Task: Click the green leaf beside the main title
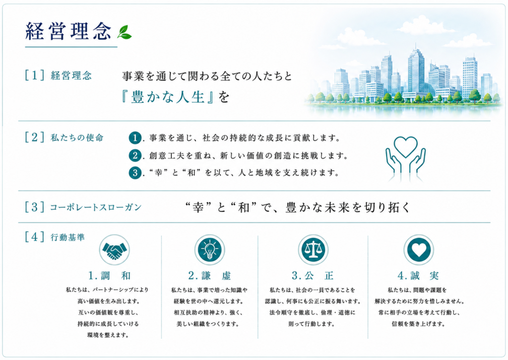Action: [x=125, y=32]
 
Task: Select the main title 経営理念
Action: [x=68, y=31]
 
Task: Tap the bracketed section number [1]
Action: [x=34, y=75]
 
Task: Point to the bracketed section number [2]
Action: [x=34, y=137]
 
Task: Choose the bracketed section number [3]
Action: [x=34, y=207]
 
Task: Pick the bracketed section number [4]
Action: [x=34, y=236]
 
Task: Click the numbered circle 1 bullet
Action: [x=135, y=138]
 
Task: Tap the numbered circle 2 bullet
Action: [x=135, y=155]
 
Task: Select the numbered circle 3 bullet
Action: [x=135, y=172]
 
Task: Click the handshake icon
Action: [x=115, y=250]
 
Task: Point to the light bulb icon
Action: [x=210, y=250]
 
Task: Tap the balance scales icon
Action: [x=313, y=250]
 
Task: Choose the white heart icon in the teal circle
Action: [x=419, y=250]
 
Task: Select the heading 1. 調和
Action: [x=110, y=276]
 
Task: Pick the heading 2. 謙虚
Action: [x=210, y=276]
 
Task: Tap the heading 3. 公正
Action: [x=313, y=276]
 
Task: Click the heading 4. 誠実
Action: [x=418, y=276]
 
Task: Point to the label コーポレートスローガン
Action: [x=96, y=207]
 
